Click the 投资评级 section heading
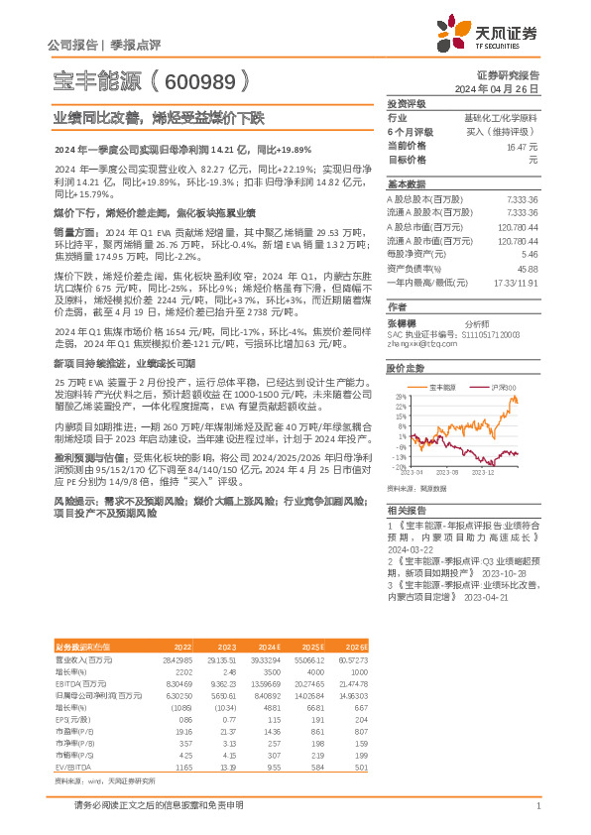[407, 103]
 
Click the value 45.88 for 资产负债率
[527, 269]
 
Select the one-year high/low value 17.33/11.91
[516, 282]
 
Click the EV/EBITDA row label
[73, 741]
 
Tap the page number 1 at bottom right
[537, 806]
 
